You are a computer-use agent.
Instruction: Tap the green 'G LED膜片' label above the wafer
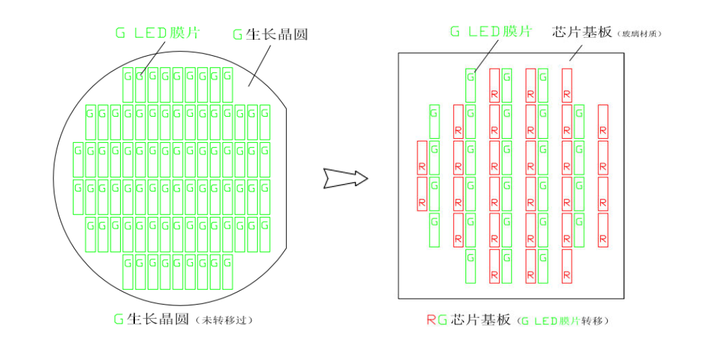click(157, 33)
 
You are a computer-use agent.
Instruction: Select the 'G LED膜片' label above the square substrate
click(490, 31)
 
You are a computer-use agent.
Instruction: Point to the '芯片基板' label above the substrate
click(582, 32)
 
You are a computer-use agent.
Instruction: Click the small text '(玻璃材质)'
click(639, 33)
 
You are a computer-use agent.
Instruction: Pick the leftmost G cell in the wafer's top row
click(127, 85)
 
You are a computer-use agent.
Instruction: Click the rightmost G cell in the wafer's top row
click(227, 85)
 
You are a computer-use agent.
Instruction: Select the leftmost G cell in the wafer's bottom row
click(127, 271)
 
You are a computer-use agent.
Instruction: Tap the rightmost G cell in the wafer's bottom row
click(227, 271)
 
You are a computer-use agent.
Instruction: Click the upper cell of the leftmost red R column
click(422, 158)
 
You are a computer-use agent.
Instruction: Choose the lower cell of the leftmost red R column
click(422, 194)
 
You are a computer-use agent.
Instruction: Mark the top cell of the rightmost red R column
click(603, 121)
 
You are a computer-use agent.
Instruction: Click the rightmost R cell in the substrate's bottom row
click(567, 266)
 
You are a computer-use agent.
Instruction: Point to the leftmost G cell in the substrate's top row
click(470, 85)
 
